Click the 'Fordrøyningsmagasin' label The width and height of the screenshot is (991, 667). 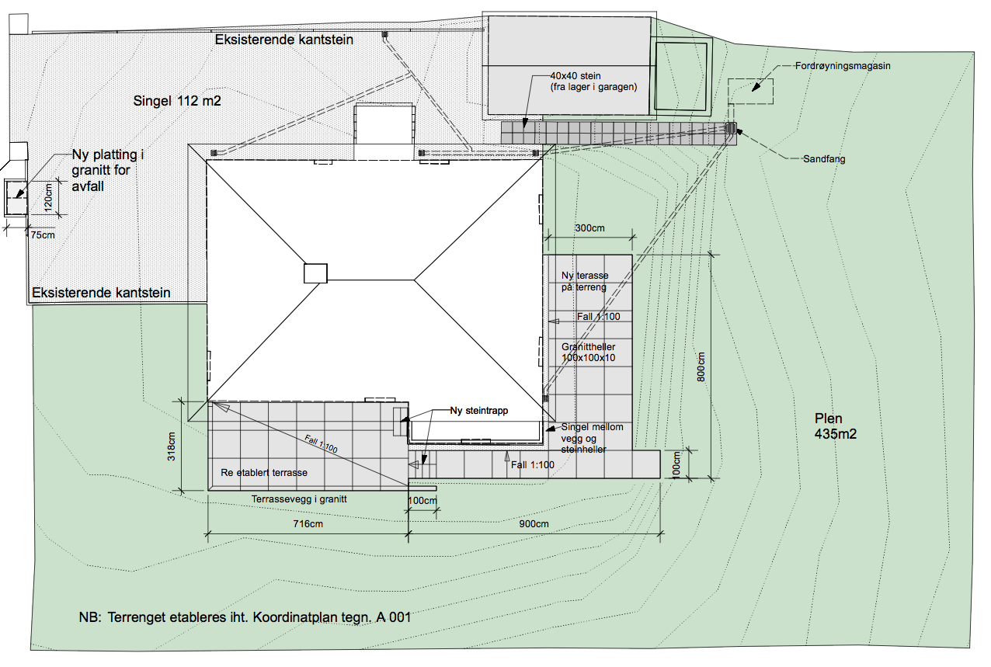click(x=843, y=67)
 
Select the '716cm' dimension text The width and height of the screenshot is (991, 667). click(x=308, y=524)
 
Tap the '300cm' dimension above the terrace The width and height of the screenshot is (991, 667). click(x=589, y=229)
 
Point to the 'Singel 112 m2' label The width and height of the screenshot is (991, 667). click(x=178, y=100)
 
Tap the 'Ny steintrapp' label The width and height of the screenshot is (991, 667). click(x=479, y=411)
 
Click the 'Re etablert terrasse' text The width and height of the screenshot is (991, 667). click(x=264, y=472)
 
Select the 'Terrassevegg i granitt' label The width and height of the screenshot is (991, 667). click(x=298, y=499)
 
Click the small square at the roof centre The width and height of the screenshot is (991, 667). click(x=315, y=273)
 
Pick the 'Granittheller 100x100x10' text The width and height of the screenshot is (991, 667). click(x=588, y=352)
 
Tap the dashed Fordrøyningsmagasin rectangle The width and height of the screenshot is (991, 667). click(x=750, y=91)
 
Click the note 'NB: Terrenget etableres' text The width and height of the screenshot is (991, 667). click(x=244, y=618)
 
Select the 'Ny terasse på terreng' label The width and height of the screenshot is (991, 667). click(x=585, y=282)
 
